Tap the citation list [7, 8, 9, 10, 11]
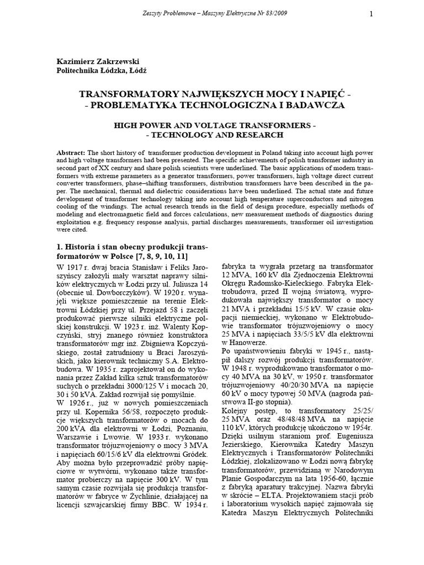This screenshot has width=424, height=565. (x=160, y=257)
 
